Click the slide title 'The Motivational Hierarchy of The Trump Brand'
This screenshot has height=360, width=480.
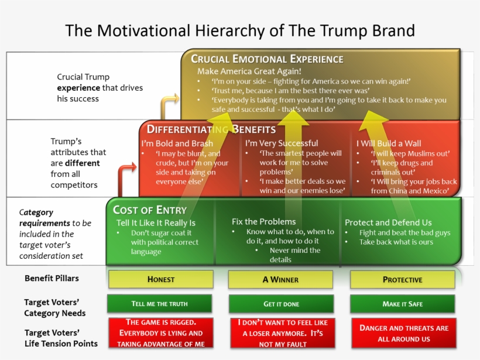point(240,30)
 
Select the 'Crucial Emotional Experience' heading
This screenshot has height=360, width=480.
point(267,59)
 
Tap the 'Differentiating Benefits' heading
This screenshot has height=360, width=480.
point(211,129)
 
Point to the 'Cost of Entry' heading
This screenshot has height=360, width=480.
point(150,210)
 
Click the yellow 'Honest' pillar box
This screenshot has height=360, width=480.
point(160,280)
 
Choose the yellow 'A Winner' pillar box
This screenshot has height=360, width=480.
point(281,280)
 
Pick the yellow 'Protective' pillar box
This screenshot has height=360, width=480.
point(402,280)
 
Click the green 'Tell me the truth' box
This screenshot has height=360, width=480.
point(159,304)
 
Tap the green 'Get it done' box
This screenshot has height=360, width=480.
point(281,304)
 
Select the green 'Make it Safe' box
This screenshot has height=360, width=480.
point(402,304)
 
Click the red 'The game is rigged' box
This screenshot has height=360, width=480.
point(160,333)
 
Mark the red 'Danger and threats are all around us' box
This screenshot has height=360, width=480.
point(403,333)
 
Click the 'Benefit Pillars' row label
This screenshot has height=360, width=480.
point(52,279)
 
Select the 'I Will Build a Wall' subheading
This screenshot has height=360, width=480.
point(389,143)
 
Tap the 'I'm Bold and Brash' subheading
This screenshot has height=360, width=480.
point(177,143)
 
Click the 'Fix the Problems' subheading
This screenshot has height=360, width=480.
point(263,222)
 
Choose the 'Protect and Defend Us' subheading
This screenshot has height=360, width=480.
point(388,222)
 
